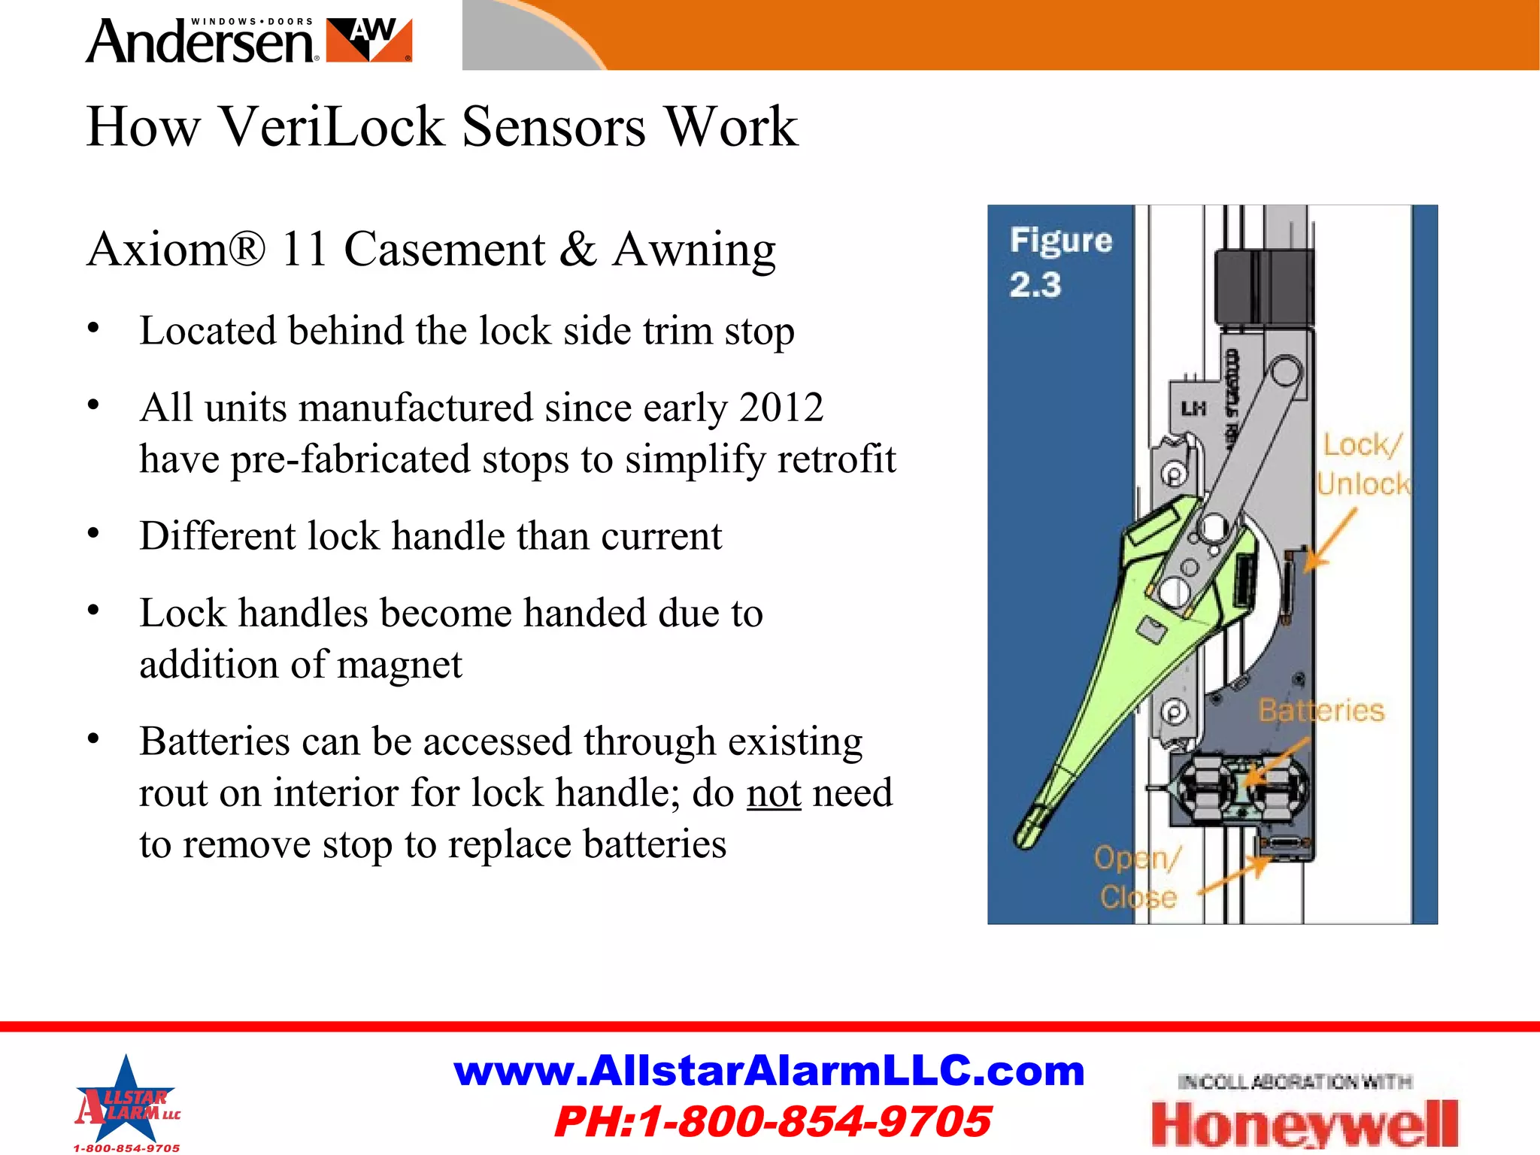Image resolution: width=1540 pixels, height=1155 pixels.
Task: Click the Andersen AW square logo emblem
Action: (x=370, y=41)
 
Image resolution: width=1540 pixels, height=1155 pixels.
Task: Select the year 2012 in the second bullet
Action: (x=781, y=408)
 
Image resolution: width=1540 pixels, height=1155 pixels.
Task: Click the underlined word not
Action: (x=774, y=793)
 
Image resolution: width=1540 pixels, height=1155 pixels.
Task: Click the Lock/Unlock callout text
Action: (x=1363, y=465)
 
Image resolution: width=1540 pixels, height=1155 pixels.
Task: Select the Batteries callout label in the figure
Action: (x=1321, y=711)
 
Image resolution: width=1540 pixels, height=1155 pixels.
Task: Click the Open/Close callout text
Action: (x=1137, y=878)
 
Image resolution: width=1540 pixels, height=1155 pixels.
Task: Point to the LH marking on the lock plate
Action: (x=1193, y=409)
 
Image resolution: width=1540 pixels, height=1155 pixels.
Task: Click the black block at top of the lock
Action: (x=1263, y=286)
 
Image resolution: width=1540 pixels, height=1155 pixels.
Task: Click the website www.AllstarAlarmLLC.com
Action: (x=769, y=1071)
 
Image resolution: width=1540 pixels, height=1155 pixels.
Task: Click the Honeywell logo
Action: (x=1304, y=1123)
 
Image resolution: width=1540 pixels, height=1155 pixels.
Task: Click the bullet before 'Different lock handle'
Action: (x=93, y=534)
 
